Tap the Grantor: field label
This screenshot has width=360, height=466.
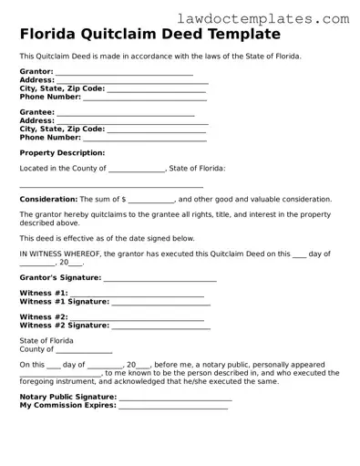pos(36,72)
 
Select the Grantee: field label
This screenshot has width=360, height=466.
pos(37,113)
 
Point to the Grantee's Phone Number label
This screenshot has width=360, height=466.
pos(50,137)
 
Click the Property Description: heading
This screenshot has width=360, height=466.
pos(62,153)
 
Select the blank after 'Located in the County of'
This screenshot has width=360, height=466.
pos(137,169)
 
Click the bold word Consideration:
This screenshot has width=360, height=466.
pos(48,199)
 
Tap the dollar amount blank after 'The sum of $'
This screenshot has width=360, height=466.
pos(151,200)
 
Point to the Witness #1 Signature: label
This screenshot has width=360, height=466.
pos(64,301)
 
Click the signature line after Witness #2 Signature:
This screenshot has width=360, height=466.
pos(160,326)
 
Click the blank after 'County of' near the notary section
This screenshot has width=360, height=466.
pos(85,349)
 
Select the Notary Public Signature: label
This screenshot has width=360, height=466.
pos(68,398)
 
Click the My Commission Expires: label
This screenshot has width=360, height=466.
pos(68,405)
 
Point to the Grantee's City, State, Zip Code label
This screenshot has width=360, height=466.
pos(62,129)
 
